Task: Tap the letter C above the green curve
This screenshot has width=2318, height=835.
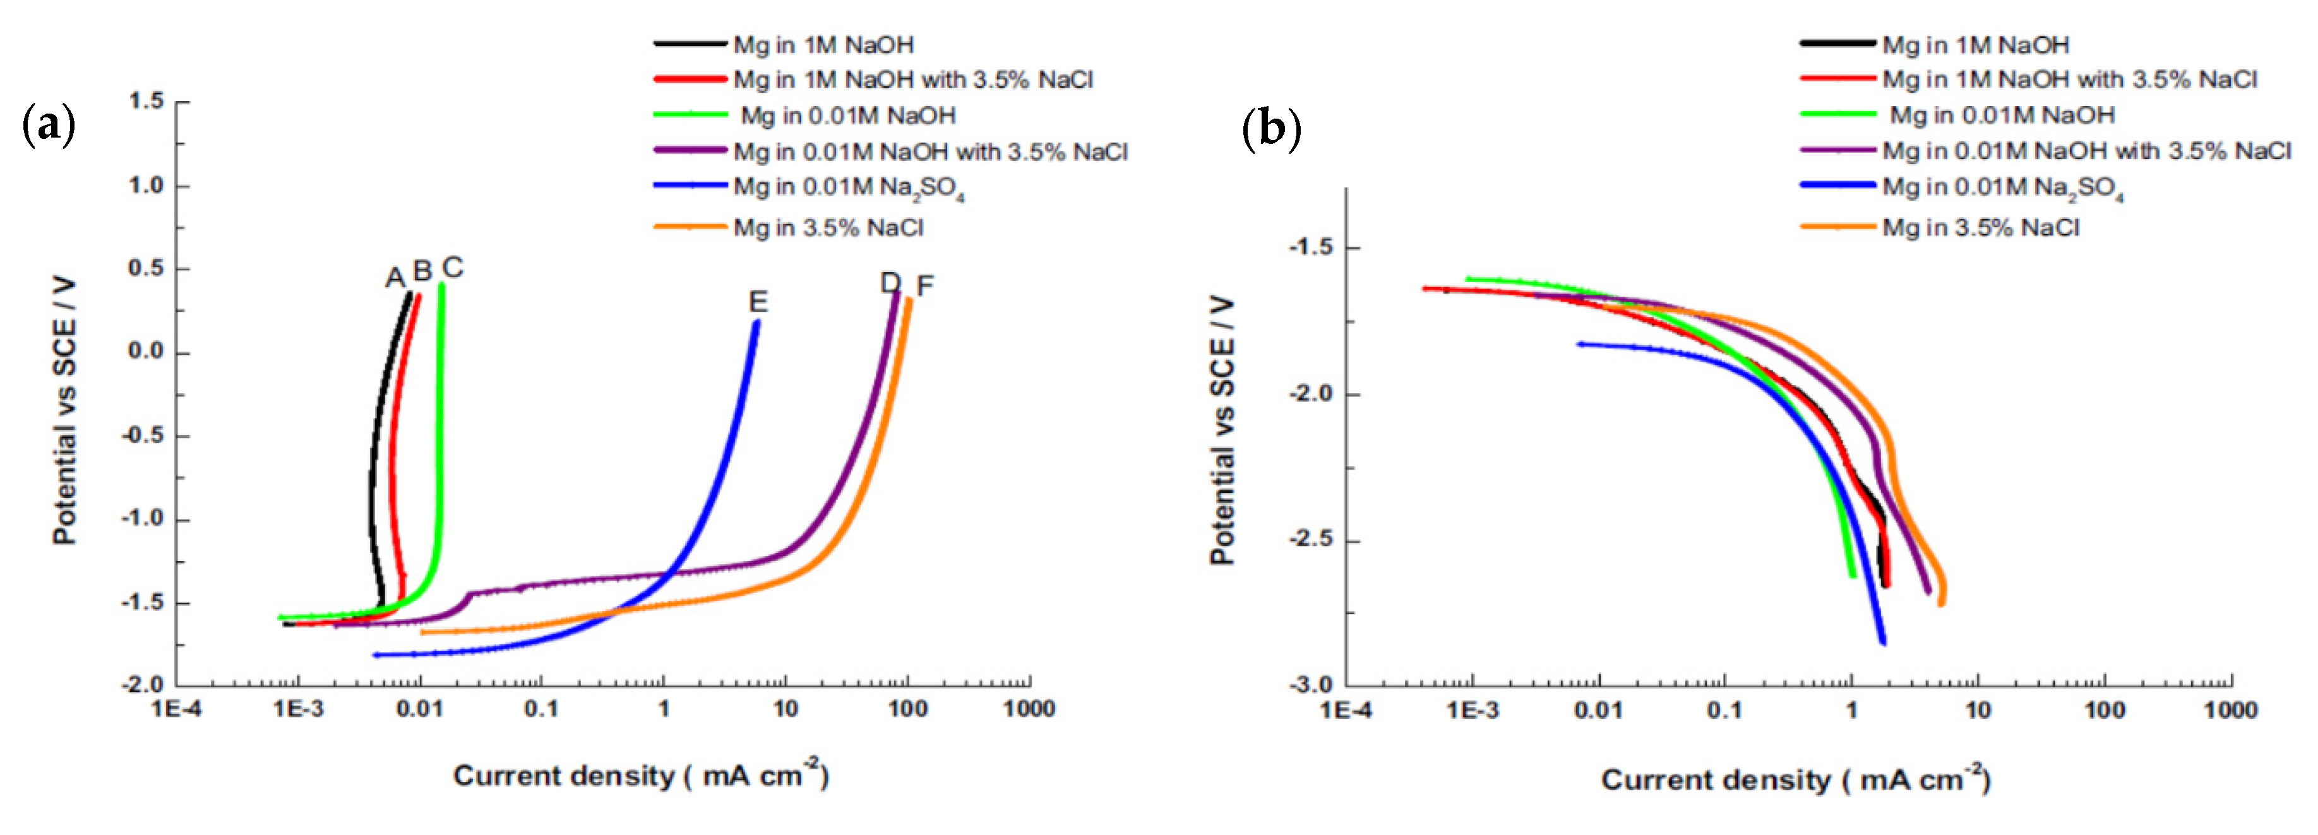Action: [x=453, y=267]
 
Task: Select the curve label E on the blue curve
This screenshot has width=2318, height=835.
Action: [x=758, y=302]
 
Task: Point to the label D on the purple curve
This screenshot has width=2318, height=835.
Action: [x=889, y=283]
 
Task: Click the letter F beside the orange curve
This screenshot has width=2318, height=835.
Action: [x=924, y=286]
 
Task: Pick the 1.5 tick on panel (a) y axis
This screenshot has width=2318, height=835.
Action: [x=146, y=101]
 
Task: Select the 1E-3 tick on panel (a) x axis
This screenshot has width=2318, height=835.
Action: [x=298, y=709]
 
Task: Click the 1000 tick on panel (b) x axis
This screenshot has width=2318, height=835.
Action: [x=2230, y=711]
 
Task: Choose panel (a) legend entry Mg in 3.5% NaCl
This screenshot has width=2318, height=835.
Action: [x=828, y=228]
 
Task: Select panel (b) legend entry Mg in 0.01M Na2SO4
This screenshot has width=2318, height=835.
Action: [x=2003, y=188]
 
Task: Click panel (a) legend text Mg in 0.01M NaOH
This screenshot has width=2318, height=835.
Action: [x=847, y=115]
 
